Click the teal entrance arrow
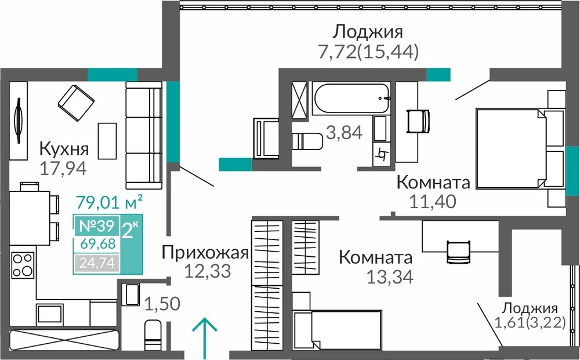(x=204, y=338)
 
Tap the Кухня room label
(x=64, y=149)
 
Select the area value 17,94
(x=63, y=169)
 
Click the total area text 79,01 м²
(x=109, y=202)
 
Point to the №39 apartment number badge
(x=97, y=226)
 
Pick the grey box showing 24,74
(x=97, y=263)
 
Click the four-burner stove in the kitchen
(x=23, y=265)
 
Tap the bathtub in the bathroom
(x=351, y=98)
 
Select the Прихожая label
(x=205, y=253)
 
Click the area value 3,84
(x=344, y=132)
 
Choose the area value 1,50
(x=162, y=304)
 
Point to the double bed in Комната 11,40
(x=511, y=148)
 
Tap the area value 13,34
(x=390, y=277)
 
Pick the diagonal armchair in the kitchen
(x=76, y=103)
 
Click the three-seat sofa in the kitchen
(x=144, y=135)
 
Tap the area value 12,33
(x=207, y=271)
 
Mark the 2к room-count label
(x=130, y=230)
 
